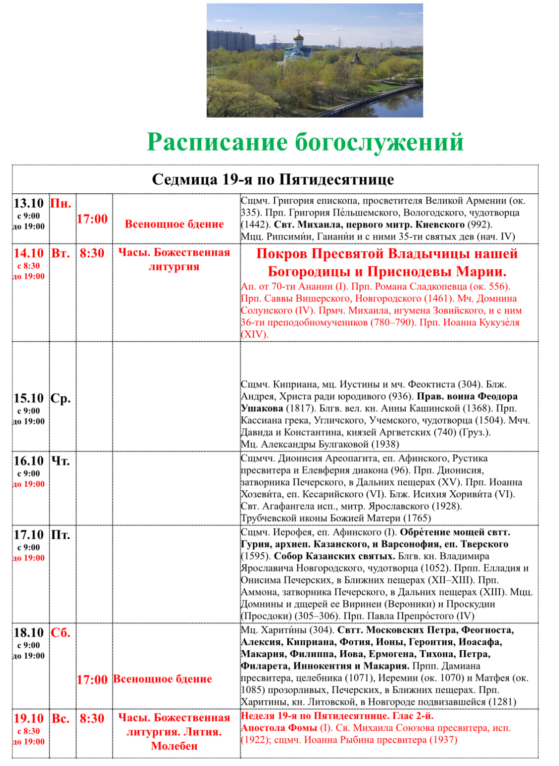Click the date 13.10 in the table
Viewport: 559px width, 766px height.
tap(29, 203)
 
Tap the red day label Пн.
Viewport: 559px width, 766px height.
tap(61, 203)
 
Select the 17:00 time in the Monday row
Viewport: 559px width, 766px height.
tap(92, 219)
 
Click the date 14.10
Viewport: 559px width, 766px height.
tap(29, 253)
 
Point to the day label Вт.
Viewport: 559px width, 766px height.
tap(61, 253)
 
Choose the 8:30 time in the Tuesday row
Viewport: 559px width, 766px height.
tap(92, 253)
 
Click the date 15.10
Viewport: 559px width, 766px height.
tap(29, 398)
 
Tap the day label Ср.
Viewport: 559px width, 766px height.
tap(61, 398)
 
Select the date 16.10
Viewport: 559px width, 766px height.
tap(29, 461)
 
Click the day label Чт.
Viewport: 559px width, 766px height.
tap(61, 461)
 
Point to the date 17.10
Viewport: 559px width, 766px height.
tap(29, 535)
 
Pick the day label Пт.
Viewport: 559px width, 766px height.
tap(61, 535)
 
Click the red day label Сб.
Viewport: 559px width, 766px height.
tap(61, 633)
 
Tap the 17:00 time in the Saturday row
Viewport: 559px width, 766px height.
tap(92, 680)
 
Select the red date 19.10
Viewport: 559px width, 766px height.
tap(29, 719)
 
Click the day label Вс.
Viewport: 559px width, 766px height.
tap(61, 719)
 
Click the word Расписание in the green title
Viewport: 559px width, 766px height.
tap(217, 143)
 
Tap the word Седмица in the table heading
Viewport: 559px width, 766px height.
tap(184, 179)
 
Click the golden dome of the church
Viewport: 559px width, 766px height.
tap(298, 36)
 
